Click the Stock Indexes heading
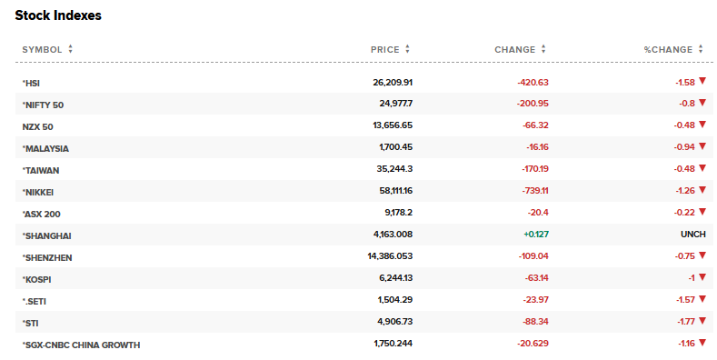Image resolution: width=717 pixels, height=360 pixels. tap(58, 15)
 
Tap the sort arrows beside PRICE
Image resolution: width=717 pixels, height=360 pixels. tap(408, 49)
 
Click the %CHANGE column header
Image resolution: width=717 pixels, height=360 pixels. tap(668, 49)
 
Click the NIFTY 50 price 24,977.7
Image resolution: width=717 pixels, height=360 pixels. tap(396, 105)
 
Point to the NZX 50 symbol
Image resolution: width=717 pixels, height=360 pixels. tap(38, 126)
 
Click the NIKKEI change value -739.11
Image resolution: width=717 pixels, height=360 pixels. tap(529, 192)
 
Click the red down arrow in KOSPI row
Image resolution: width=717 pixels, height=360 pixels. tap(702, 278)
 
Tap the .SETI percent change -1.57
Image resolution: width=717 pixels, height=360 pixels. tap(684, 301)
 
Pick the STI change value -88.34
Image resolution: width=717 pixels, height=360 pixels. tap(531, 323)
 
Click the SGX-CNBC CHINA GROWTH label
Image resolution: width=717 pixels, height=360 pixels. tap(81, 345)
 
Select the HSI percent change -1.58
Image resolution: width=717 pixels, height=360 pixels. tap(684, 83)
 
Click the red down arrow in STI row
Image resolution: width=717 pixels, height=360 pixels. tap(702, 322)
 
